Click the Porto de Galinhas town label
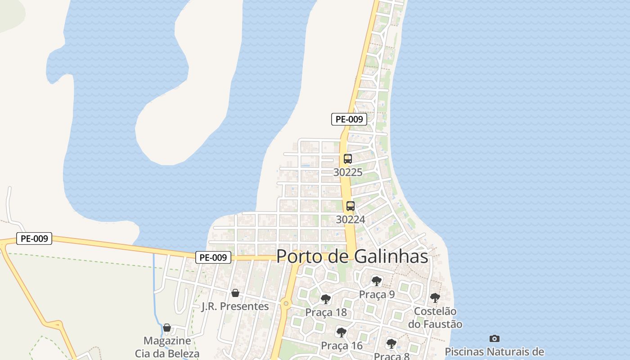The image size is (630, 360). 352,256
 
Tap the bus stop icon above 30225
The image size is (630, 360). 348,159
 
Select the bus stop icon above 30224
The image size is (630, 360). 351,206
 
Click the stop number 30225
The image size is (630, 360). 348,172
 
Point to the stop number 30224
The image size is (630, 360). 351,220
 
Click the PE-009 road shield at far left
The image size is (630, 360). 34,238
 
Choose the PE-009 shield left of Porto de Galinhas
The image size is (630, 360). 213,257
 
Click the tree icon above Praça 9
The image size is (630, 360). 377,281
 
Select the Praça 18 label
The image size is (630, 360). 325,312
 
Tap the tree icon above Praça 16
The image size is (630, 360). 342,333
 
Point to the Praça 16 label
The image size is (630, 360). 342,346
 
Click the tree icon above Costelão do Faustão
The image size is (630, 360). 435,297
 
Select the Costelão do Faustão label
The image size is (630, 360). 435,317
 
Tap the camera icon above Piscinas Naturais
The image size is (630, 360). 494,338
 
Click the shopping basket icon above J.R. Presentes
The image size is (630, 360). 235,293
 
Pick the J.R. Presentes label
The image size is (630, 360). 235,306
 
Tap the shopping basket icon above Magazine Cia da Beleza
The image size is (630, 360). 167,328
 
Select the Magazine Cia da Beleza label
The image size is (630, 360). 167,347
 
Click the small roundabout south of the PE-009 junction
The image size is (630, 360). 286,304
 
